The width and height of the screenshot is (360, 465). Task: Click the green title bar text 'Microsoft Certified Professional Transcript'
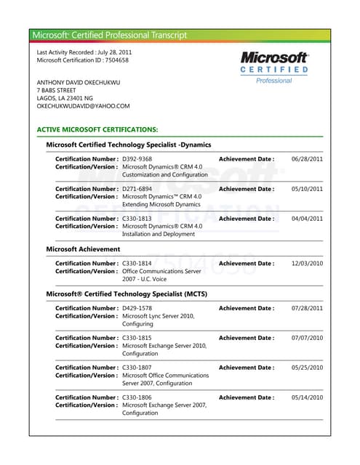pos(109,35)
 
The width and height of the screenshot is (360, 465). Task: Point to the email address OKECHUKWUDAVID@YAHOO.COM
pos(83,106)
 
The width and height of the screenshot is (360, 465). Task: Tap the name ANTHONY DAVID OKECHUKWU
pos(79,81)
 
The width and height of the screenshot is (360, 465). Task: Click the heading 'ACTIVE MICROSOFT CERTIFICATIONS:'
pos(97,129)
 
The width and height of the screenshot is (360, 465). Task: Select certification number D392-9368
pos(137,159)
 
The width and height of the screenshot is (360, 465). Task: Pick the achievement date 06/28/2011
pos(307,159)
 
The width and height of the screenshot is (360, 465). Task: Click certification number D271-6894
pos(137,189)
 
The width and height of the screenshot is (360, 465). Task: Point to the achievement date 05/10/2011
pos(307,189)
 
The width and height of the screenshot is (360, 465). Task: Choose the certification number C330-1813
pos(137,219)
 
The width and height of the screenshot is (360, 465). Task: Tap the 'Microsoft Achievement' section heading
pos(83,249)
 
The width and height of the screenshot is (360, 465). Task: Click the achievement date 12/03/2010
pos(307,264)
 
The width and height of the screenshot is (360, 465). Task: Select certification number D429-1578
pos(137,308)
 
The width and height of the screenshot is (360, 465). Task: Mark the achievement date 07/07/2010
pos(307,338)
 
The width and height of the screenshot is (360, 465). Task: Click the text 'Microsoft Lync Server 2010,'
pos(158,316)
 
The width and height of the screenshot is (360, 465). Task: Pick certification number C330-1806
pos(137,397)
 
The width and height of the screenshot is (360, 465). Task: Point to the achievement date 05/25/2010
pos(307,368)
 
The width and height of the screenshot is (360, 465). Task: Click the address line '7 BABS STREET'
pos(56,90)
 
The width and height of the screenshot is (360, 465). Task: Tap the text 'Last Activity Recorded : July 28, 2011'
pos(84,52)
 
